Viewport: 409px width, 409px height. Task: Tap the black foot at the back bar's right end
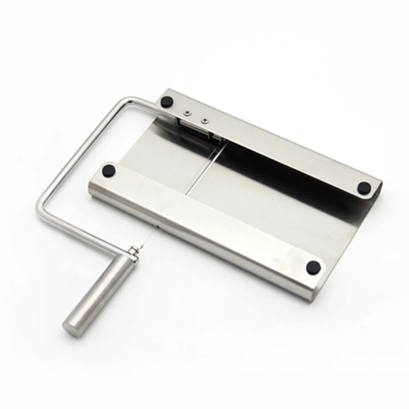[x=364, y=187]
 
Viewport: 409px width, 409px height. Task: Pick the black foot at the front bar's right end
[x=313, y=267]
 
